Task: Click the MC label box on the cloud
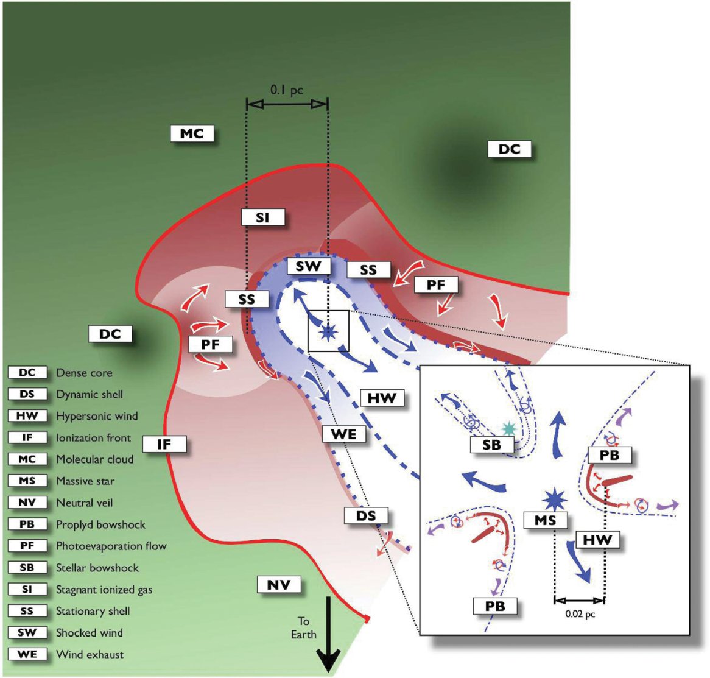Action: pyautogui.click(x=192, y=133)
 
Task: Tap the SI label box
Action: pyautogui.click(x=262, y=217)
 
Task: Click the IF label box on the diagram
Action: pyautogui.click(x=164, y=444)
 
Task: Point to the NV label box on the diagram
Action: pyautogui.click(x=279, y=585)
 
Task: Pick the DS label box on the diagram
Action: pyautogui.click(x=366, y=516)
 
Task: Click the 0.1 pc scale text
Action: pyautogui.click(x=287, y=90)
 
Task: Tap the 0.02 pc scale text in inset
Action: pyautogui.click(x=580, y=614)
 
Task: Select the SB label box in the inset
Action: pyautogui.click(x=491, y=445)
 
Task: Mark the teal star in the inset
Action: pyautogui.click(x=508, y=428)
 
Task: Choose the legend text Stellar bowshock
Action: pyautogui.click(x=97, y=568)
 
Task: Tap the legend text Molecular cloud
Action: pyautogui.click(x=94, y=459)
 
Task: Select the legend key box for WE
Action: pyautogui.click(x=27, y=654)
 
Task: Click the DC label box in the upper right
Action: pyautogui.click(x=510, y=149)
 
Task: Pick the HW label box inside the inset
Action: pyautogui.click(x=597, y=540)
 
